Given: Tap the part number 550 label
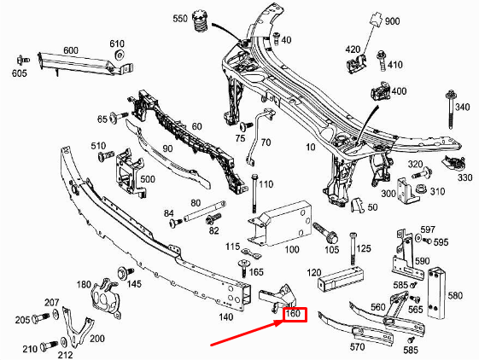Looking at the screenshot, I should click(181, 19).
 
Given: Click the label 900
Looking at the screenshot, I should click(391, 20).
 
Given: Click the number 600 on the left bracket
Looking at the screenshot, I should click(70, 50).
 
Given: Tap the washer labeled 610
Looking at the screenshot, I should click(120, 56).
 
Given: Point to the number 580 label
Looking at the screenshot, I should click(454, 296).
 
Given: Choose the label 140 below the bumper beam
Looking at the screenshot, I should click(225, 316).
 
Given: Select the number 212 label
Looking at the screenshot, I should click(64, 354).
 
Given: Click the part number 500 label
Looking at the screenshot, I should click(148, 179).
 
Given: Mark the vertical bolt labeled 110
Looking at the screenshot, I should click(254, 195).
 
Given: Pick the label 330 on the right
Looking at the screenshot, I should click(464, 177).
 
